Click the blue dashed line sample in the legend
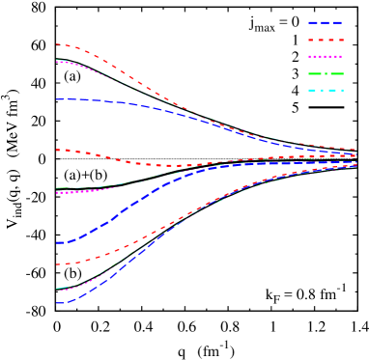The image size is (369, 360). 326,22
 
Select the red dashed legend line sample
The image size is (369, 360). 326,40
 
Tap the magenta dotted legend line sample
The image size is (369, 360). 326,57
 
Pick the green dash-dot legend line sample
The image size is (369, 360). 326,73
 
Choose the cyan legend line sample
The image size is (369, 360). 326,90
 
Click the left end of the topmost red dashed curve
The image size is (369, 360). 57,44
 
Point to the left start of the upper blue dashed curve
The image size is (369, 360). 57,99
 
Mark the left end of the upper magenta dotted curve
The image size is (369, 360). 57,61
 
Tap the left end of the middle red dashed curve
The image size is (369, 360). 57,150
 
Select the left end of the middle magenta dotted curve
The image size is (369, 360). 57,192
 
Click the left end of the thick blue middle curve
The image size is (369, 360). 58,242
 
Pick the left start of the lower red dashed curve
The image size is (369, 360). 57,263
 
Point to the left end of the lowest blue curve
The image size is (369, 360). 57,303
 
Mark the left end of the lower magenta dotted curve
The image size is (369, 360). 57,289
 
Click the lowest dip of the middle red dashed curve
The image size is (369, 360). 174,166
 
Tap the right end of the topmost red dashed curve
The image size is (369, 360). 355,150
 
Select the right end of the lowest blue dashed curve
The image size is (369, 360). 355,166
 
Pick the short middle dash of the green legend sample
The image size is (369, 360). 326,73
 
